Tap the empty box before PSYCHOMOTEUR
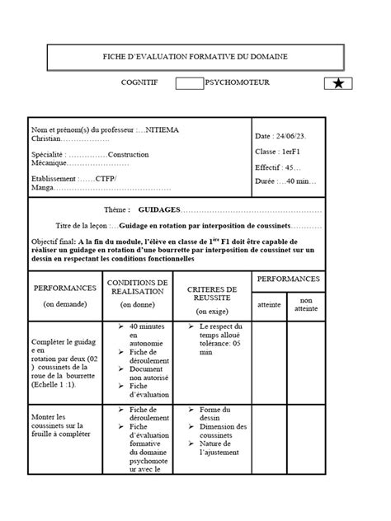[190, 84]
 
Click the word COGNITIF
[140, 83]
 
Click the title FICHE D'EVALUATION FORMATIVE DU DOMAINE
[195, 56]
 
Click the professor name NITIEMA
[164, 130]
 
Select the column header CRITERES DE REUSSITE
[212, 294]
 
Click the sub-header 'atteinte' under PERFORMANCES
[269, 305]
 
